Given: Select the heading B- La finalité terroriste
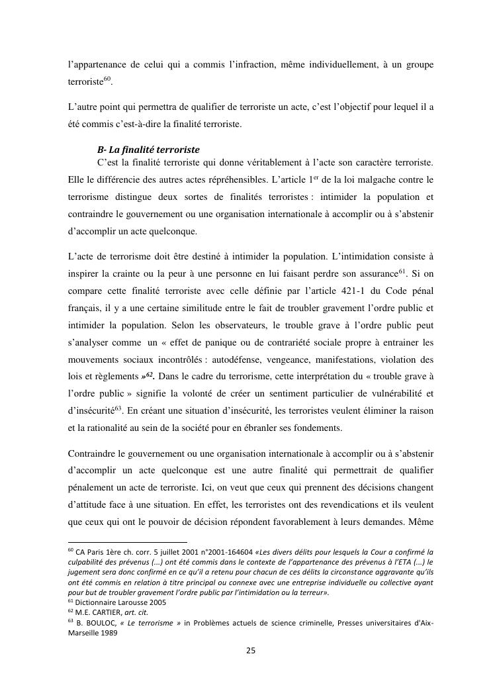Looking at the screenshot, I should (148, 150).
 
